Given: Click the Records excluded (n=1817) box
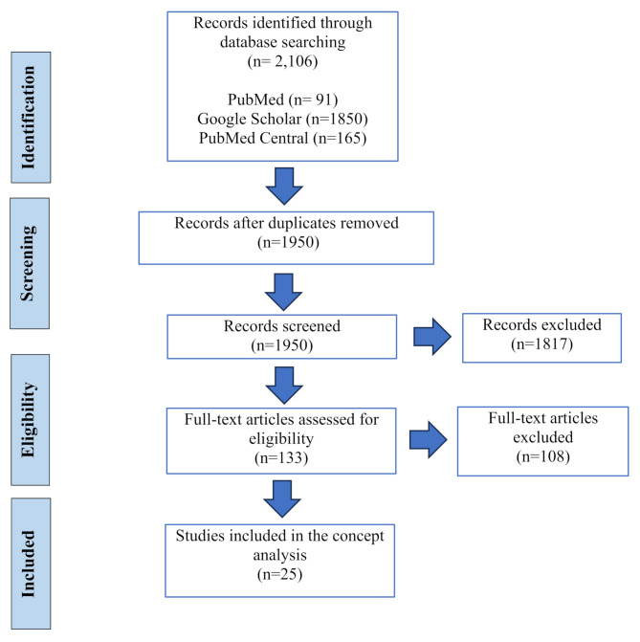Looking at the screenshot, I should pyautogui.click(x=542, y=333).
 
